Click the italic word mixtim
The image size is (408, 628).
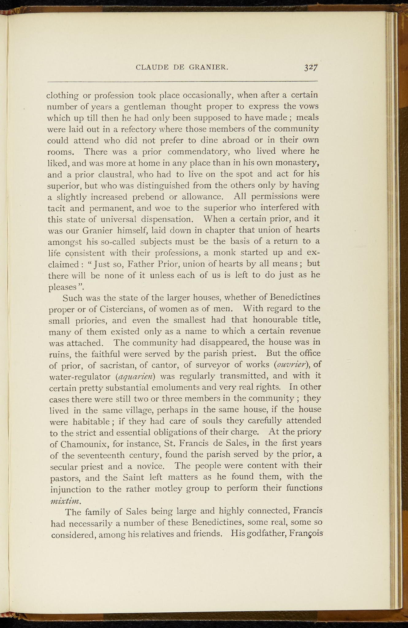tap(65, 501)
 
